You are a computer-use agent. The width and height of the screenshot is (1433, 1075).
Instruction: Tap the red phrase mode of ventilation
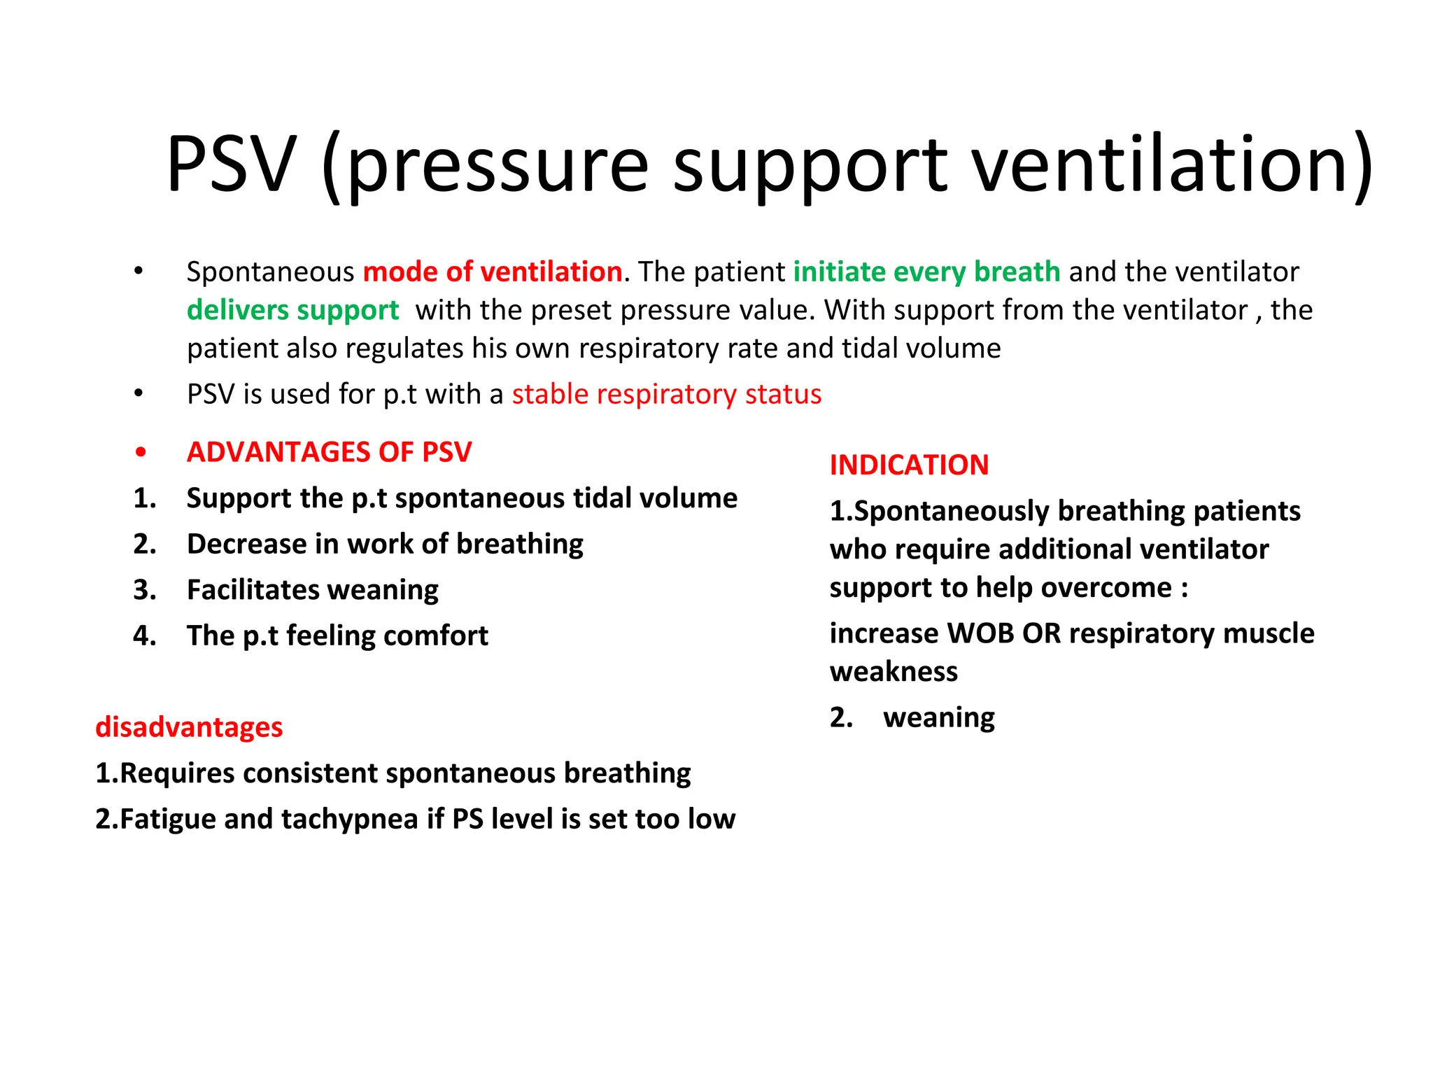click(493, 272)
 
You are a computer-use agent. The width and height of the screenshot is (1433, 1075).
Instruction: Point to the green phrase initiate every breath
click(926, 272)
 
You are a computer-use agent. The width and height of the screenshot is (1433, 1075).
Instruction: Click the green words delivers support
click(292, 310)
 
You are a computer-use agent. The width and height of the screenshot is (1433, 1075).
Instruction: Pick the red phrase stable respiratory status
click(666, 394)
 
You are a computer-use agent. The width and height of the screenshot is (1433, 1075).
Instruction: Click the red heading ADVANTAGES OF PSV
click(329, 452)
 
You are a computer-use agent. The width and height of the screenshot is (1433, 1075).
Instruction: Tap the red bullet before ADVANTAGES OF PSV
click(141, 453)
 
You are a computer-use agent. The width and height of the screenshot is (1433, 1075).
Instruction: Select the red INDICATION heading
click(909, 465)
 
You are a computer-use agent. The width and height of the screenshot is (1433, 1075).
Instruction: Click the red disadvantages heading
click(189, 727)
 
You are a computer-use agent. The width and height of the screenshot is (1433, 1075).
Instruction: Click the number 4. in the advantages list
click(145, 635)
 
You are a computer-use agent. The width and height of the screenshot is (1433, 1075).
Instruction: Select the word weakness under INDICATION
click(894, 672)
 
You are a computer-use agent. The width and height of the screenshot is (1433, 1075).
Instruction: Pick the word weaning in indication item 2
click(939, 718)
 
